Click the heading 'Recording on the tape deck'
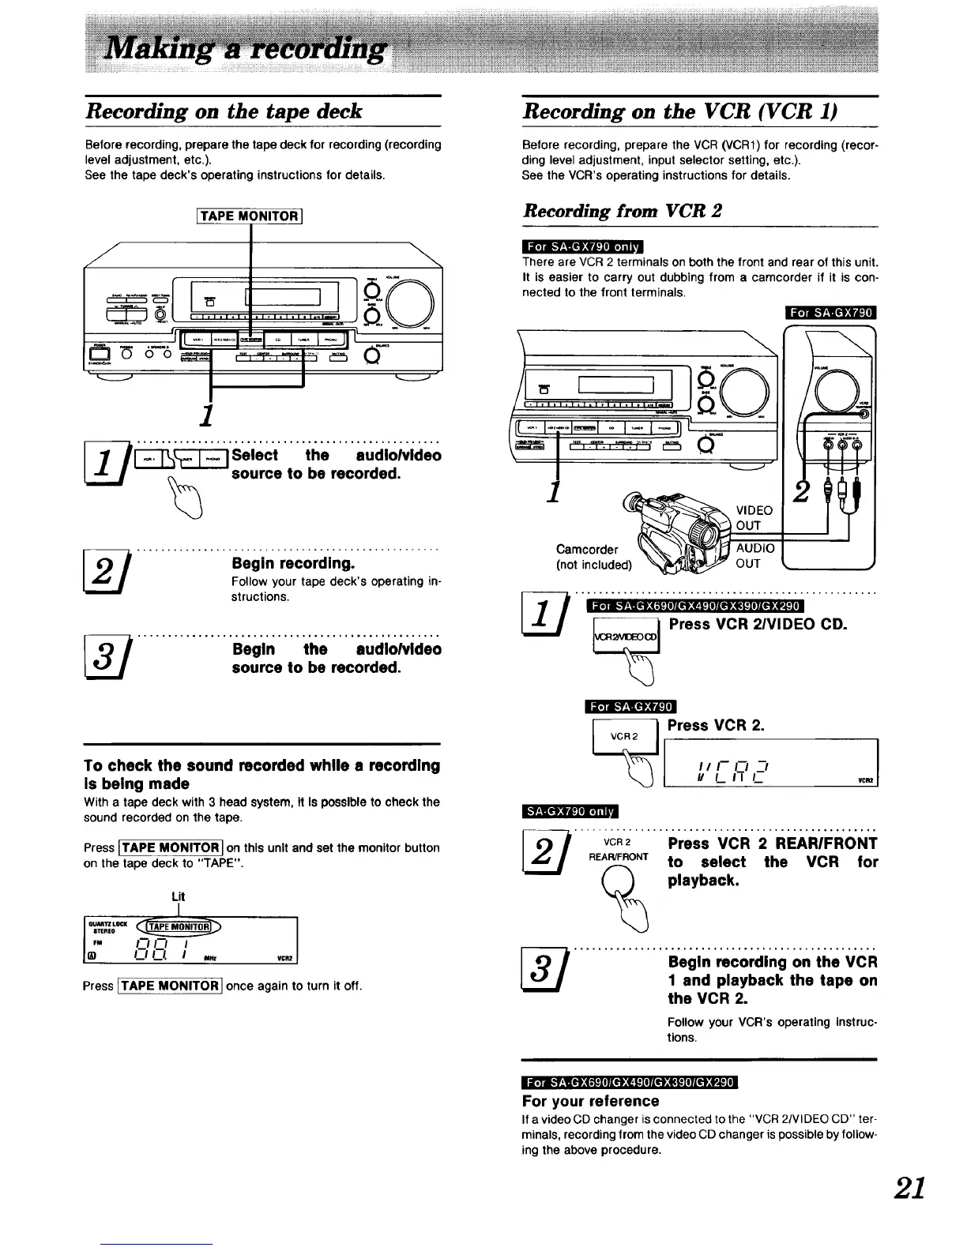coord(224,111)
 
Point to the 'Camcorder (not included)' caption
coord(593,557)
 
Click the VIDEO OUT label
coord(753,518)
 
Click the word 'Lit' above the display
coord(179,896)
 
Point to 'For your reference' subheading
coord(590,1101)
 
